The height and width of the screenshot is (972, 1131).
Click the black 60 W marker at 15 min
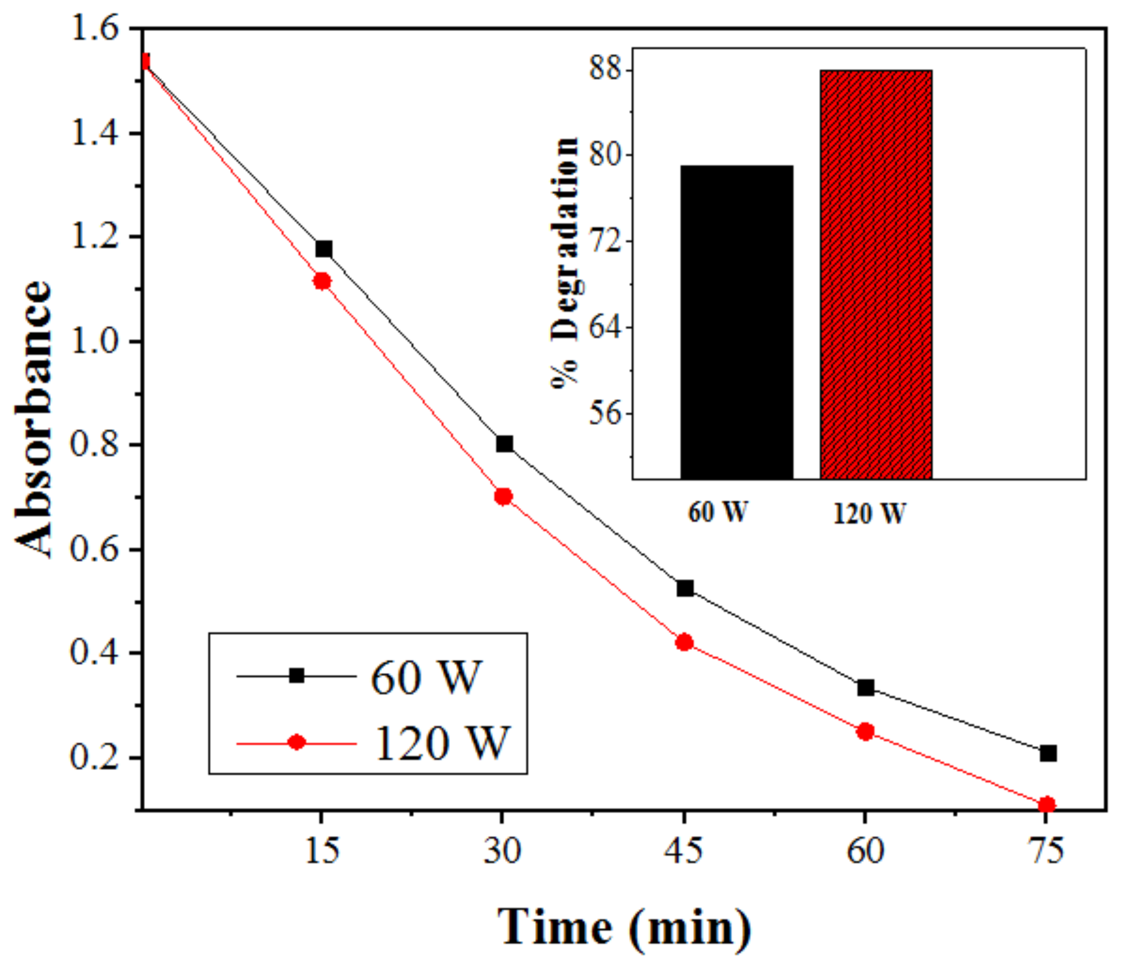323,249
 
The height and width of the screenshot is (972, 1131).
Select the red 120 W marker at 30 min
503,496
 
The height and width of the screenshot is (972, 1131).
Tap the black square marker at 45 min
685,589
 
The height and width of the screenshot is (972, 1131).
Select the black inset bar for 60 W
736,322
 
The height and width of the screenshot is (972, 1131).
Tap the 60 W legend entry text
426,677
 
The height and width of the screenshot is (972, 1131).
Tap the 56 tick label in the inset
605,413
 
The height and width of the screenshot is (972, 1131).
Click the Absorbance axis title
34,420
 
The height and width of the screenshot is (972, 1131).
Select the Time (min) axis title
624,928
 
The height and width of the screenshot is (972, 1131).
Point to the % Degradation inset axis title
565,262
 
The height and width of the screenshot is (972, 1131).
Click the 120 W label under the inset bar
869,513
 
